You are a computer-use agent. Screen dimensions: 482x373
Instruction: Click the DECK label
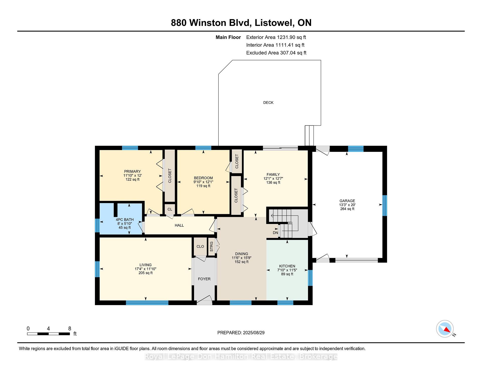coord(268,103)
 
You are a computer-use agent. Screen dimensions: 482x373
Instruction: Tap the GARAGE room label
coord(347,201)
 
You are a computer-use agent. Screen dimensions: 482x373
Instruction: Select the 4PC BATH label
coord(125,220)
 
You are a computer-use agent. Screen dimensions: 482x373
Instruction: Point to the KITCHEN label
coord(287,266)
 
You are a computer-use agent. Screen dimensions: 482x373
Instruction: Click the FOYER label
coord(204,279)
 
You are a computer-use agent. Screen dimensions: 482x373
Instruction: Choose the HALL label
coord(179,225)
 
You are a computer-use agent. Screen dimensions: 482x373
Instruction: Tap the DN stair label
coord(275,233)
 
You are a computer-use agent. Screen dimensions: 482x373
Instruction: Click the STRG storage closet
coord(212,247)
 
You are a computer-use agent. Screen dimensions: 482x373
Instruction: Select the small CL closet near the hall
coord(170,209)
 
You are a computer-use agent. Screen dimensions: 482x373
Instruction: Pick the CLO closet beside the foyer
coord(200,246)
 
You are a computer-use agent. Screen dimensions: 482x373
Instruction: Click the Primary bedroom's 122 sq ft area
coord(133,179)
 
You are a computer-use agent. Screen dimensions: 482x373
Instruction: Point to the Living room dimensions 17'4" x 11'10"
coord(146,269)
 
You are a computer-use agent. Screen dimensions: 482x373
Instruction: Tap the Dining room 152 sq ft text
coord(242,262)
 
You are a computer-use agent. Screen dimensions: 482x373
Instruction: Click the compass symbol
coord(445,329)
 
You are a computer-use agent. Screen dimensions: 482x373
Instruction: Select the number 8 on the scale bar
coord(70,329)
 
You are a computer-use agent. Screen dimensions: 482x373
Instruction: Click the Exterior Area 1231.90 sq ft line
coord(276,37)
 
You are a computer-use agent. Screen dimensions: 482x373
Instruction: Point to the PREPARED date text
coord(241,333)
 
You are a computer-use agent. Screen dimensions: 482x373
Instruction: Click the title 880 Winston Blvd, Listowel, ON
coord(241,23)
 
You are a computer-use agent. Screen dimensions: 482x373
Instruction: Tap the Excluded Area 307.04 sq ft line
coord(276,53)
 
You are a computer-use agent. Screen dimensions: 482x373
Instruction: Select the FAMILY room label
coord(273,174)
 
